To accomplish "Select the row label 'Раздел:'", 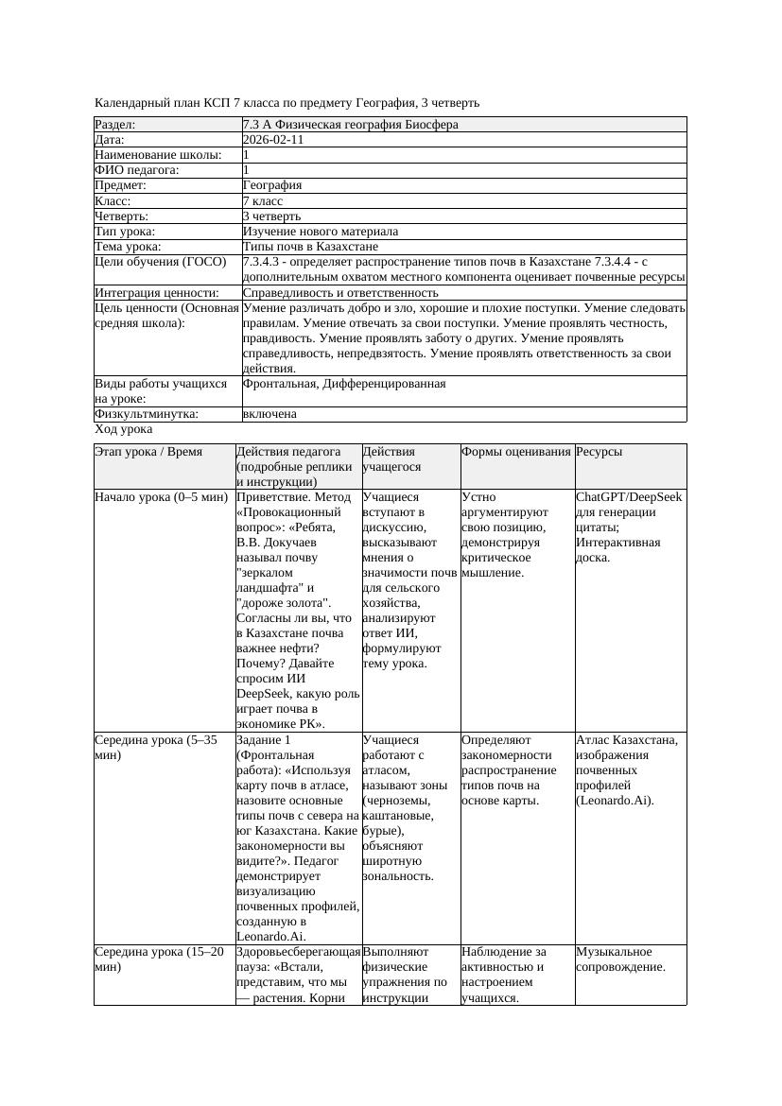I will (x=115, y=125).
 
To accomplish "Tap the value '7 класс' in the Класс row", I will (x=262, y=201).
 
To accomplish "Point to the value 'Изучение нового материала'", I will (x=320, y=232).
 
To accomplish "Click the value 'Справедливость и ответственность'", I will (x=339, y=293).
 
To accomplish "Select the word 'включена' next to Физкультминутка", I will (x=269, y=414).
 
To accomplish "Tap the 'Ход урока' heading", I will (x=123, y=429).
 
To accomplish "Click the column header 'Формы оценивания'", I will (x=516, y=452).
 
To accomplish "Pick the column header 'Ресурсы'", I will (x=599, y=452).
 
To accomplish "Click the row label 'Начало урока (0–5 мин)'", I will (x=161, y=496).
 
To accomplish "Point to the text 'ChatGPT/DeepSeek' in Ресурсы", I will (x=629, y=496).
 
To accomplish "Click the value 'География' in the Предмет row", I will (x=271, y=186).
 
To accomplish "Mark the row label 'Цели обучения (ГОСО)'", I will (x=161, y=262).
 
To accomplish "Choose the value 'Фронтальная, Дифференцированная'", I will (x=344, y=384).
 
